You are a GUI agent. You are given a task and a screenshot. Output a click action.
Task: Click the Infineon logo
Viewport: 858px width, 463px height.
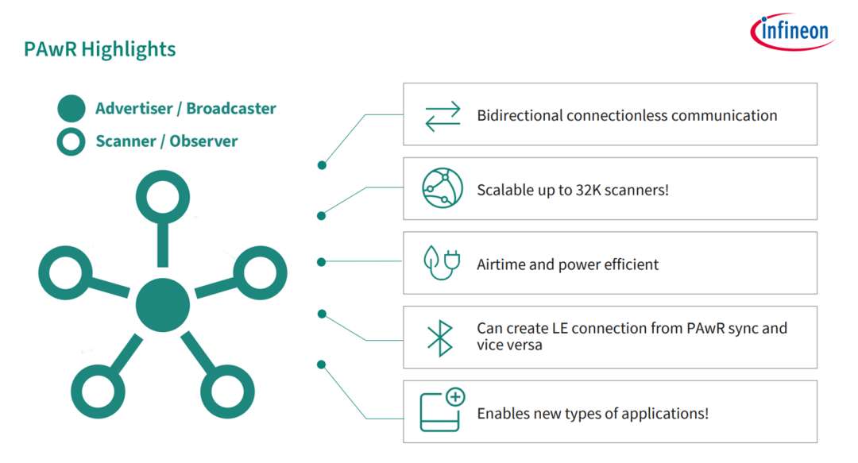click(x=792, y=32)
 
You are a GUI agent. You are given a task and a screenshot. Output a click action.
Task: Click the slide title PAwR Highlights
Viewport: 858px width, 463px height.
click(x=99, y=49)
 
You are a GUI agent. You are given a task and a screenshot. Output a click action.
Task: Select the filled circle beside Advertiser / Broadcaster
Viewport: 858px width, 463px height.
click(x=71, y=108)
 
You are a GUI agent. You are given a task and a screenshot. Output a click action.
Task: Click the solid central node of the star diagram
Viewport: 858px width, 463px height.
click(x=163, y=305)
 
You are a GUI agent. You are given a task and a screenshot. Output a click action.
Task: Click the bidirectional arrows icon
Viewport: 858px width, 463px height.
click(x=443, y=116)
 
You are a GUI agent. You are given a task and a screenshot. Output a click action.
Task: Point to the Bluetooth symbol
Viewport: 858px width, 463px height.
click(x=440, y=338)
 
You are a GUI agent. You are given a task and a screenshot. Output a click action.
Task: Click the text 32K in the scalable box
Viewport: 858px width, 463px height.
click(x=586, y=190)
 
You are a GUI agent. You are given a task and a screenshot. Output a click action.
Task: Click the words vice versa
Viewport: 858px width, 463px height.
click(x=509, y=345)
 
